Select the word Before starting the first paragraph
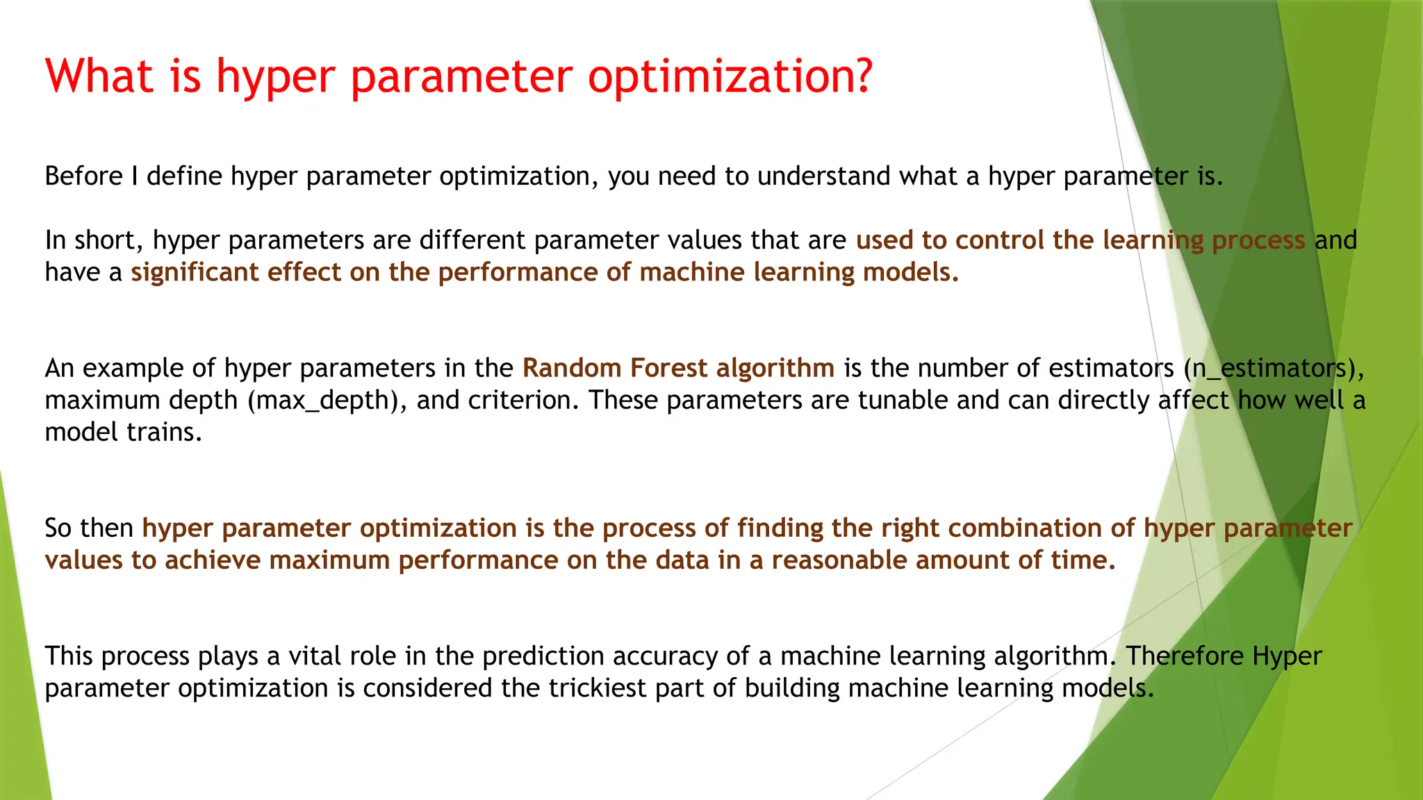coord(83,176)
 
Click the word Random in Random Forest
coord(571,368)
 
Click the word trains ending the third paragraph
coord(163,433)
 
